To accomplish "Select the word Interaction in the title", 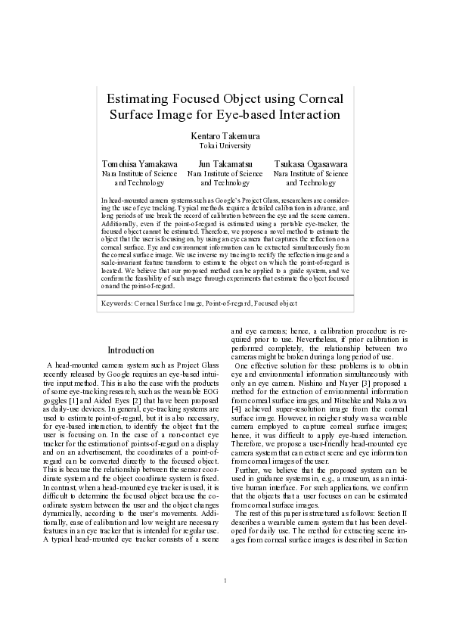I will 303,115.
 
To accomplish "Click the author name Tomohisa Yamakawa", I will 140,163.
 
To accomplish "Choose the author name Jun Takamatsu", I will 225,163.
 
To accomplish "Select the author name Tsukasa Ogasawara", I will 311,163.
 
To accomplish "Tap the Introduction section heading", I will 131,350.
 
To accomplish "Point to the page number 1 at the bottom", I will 225,602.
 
